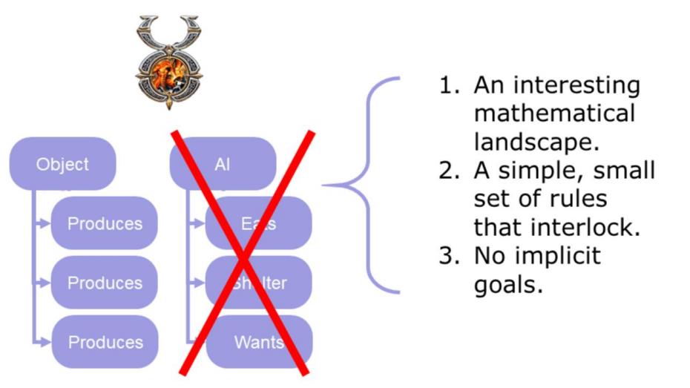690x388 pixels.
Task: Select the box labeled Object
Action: coord(62,164)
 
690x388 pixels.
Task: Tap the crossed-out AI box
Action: coord(223,164)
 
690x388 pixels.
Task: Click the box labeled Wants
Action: coord(259,342)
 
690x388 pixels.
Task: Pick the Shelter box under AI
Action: coord(259,283)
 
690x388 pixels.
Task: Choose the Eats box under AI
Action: coord(259,223)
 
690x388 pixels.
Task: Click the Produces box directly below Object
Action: coord(105,223)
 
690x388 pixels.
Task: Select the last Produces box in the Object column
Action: coord(105,342)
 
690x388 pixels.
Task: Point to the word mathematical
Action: coord(554,114)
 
